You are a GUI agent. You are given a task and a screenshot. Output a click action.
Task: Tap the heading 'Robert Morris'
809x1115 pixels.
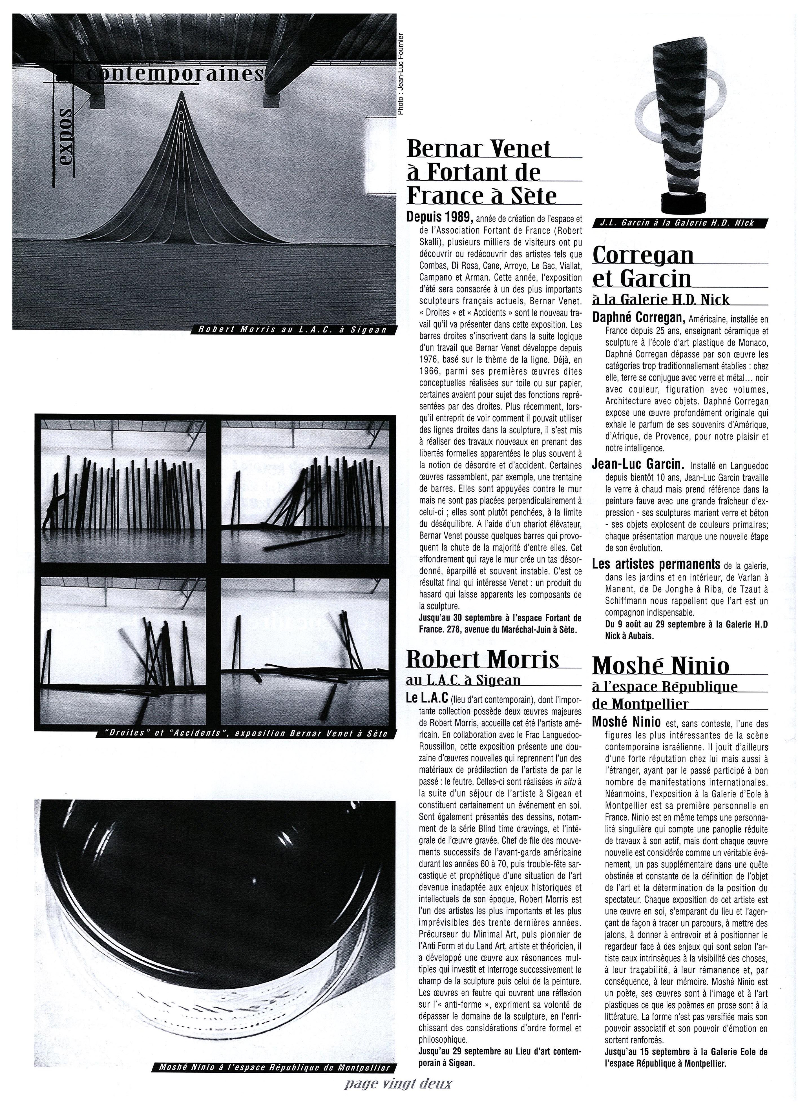coord(483,659)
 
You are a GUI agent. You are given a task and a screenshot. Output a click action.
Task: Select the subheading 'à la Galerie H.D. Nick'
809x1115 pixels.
coord(660,300)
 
